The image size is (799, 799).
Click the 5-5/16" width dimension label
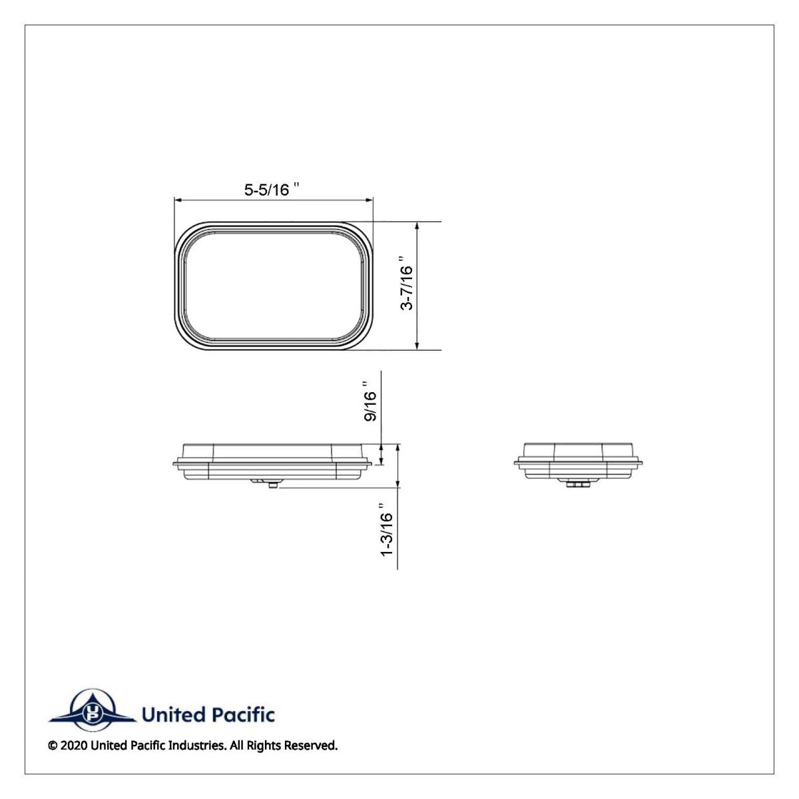270,190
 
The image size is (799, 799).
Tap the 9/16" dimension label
370,402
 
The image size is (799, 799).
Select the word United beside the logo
173,715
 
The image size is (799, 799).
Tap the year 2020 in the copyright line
74,746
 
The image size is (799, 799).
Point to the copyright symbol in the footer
53,746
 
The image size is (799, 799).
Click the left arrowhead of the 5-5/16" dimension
177,198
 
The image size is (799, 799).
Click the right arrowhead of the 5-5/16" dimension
370,198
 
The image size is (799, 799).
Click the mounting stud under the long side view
273,486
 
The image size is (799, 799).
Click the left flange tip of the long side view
174,463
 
